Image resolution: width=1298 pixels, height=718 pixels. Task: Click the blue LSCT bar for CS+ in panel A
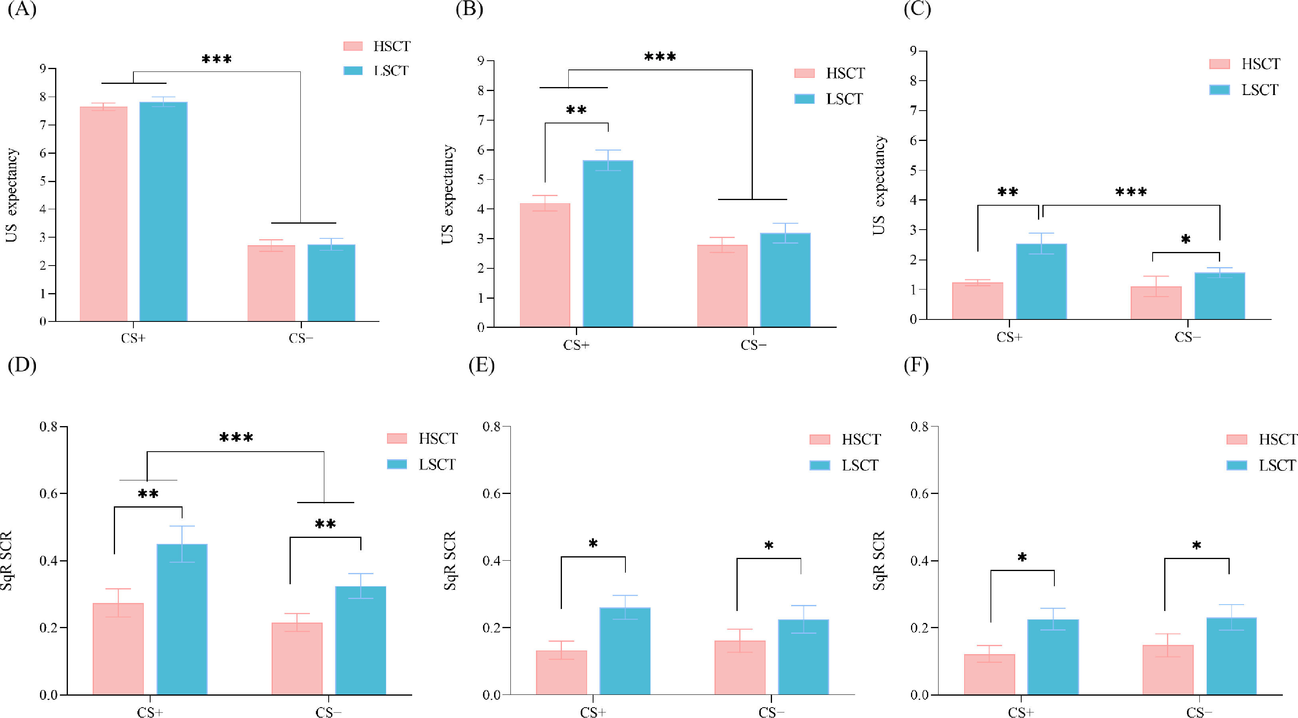[163, 212]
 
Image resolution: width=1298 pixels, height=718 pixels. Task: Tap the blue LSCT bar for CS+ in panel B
[608, 244]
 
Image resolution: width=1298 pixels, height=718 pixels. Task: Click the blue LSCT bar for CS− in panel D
[360, 641]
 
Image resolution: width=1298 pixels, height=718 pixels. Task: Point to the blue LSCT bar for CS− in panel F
[1231, 656]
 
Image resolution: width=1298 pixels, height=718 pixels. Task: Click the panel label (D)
[22, 365]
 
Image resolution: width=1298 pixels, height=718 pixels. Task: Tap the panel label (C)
[917, 10]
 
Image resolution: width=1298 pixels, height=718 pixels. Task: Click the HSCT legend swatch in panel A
[353, 46]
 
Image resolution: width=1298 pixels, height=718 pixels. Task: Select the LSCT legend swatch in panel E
[819, 465]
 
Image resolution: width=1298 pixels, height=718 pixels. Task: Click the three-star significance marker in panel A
[217, 60]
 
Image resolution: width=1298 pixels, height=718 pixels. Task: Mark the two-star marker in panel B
[576, 110]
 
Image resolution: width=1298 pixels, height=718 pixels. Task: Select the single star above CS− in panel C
[1186, 239]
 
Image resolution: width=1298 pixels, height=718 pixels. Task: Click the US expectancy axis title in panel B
[447, 194]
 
